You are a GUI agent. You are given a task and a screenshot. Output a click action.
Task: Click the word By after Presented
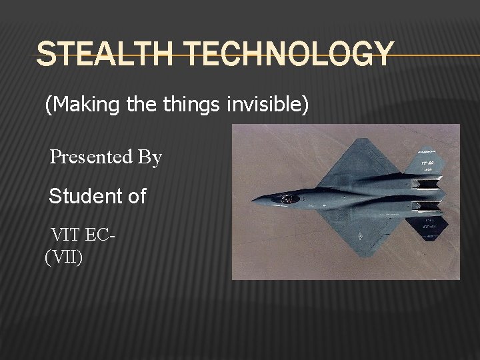point(149,157)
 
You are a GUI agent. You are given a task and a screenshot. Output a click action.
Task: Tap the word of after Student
point(134,197)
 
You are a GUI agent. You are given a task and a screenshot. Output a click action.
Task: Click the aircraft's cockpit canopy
point(288,198)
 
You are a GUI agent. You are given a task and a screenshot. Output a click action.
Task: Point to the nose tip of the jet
point(253,199)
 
